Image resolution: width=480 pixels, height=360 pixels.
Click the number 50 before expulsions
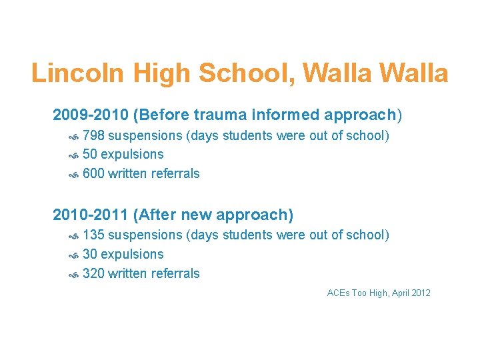90,155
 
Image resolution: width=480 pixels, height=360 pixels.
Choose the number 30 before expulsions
90,255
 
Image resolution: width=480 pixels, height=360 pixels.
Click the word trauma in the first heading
214,115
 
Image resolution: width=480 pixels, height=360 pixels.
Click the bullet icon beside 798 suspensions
75,137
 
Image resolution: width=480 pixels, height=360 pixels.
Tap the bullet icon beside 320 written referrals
75,275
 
